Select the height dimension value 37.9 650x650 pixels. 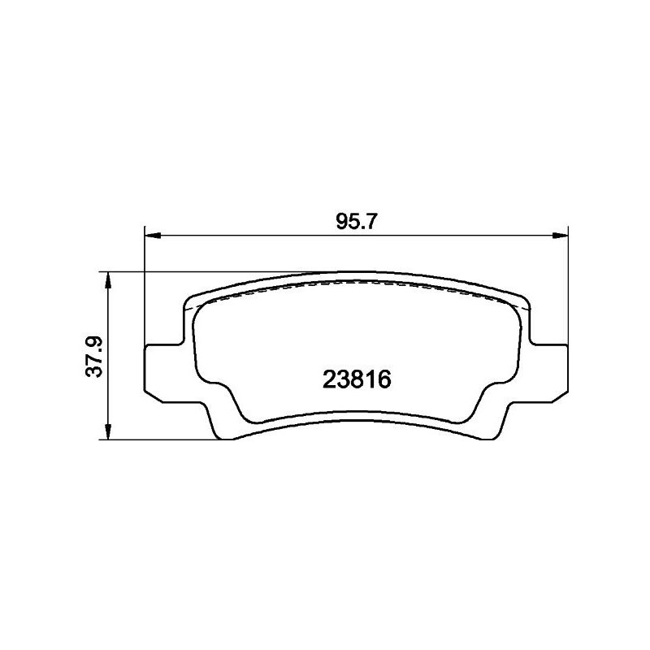point(94,357)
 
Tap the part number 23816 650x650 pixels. point(357,379)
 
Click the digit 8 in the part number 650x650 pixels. point(357,379)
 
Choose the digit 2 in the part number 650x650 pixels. point(330,379)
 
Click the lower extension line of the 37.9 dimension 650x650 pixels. point(162,441)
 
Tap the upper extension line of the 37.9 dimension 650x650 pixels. point(203,271)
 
